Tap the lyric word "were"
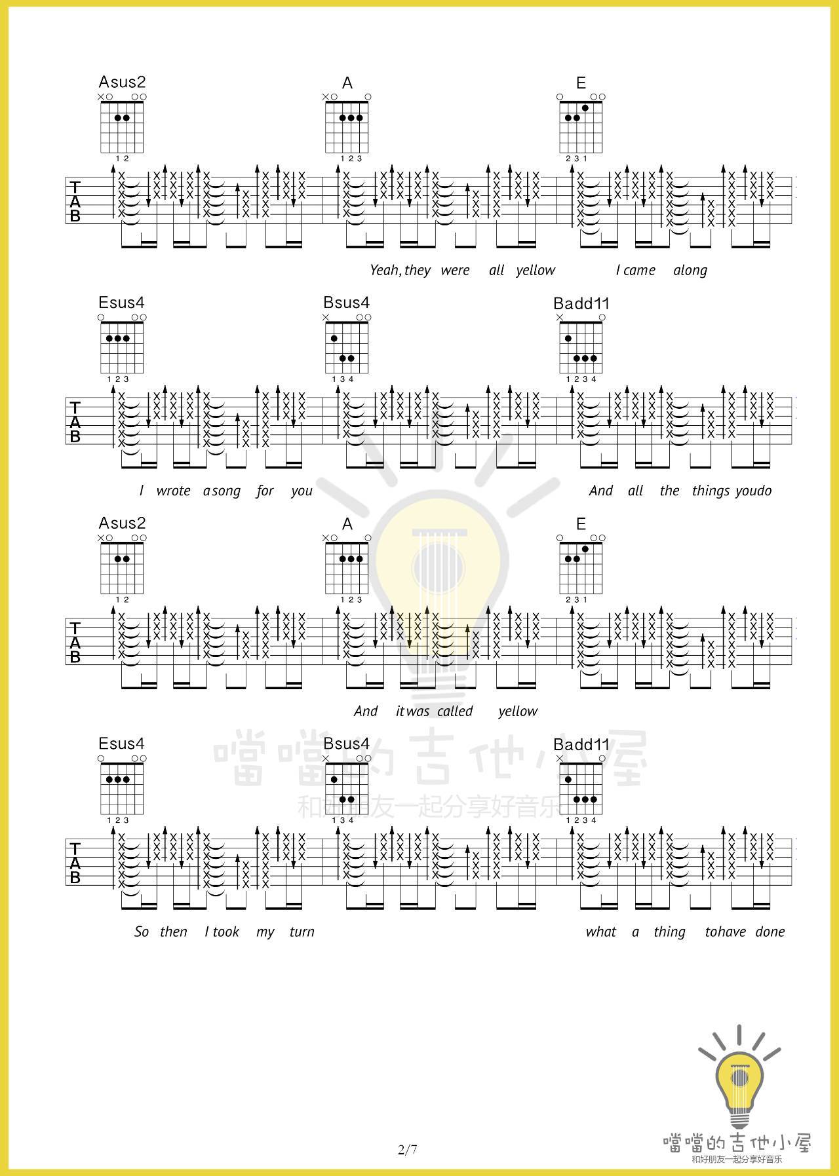[x=455, y=271]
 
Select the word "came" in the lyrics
[x=640, y=271]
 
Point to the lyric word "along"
[x=690, y=271]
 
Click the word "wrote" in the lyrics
[x=173, y=491]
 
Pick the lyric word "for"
[x=265, y=491]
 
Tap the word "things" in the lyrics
[x=711, y=491]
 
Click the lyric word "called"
[x=455, y=711]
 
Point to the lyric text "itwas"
[x=412, y=711]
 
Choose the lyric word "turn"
[x=302, y=932]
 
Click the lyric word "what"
[x=600, y=932]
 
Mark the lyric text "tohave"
[x=725, y=932]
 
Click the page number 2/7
[x=407, y=1150]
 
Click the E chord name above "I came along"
[x=581, y=83]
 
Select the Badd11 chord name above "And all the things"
[x=581, y=303]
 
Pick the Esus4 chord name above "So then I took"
[x=121, y=744]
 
